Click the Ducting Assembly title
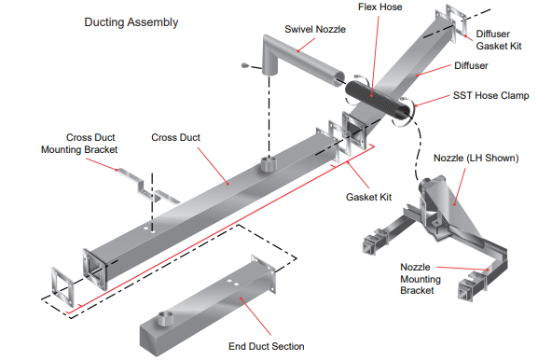coord(131,22)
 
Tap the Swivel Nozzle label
coord(315,29)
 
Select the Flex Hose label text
coord(379,7)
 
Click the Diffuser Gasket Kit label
coord(499,40)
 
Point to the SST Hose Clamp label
coord(490,95)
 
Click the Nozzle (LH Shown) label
coord(476,159)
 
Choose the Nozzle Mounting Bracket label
coord(421,279)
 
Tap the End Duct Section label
coord(267,346)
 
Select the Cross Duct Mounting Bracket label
coord(79,144)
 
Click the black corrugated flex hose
coord(378,99)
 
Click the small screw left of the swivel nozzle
coord(244,65)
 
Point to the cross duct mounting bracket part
coord(147,187)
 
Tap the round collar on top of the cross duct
coord(269,164)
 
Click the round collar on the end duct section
coord(165,319)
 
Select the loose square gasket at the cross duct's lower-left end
coord(62,286)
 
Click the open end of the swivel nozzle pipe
coord(338,77)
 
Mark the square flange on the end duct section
coord(263,274)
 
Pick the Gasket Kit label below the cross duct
coord(368,198)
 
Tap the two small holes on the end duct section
coord(233,282)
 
